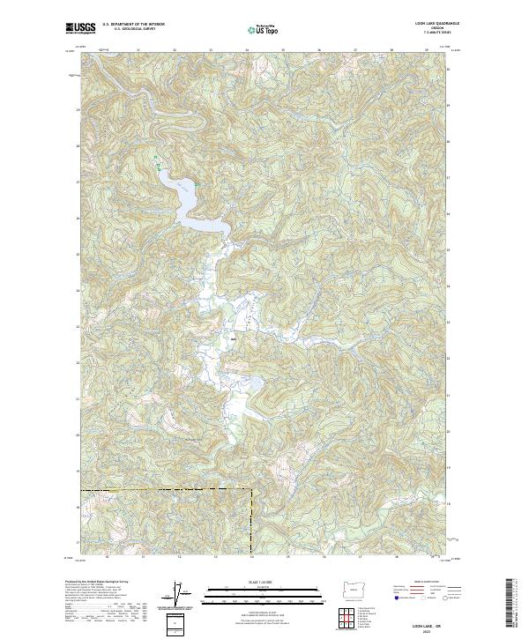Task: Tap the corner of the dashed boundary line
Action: (x=251, y=490)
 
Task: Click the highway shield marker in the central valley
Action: (x=234, y=336)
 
